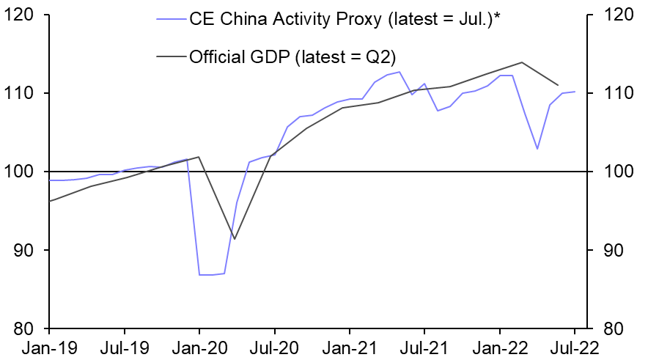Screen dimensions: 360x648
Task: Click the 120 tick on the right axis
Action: point(617,15)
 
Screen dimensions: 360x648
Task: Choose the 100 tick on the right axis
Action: point(617,172)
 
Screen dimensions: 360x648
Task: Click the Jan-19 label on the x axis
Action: point(49,348)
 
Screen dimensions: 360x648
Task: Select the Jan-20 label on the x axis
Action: point(199,348)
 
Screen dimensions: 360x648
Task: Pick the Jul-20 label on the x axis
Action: point(274,348)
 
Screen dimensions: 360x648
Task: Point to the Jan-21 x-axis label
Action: point(350,348)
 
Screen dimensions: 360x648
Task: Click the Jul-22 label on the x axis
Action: point(574,348)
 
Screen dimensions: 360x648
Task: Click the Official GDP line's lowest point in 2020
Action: point(235,239)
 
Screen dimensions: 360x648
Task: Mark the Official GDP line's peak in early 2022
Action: point(522,62)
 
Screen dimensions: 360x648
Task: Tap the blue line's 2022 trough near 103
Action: point(537,149)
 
